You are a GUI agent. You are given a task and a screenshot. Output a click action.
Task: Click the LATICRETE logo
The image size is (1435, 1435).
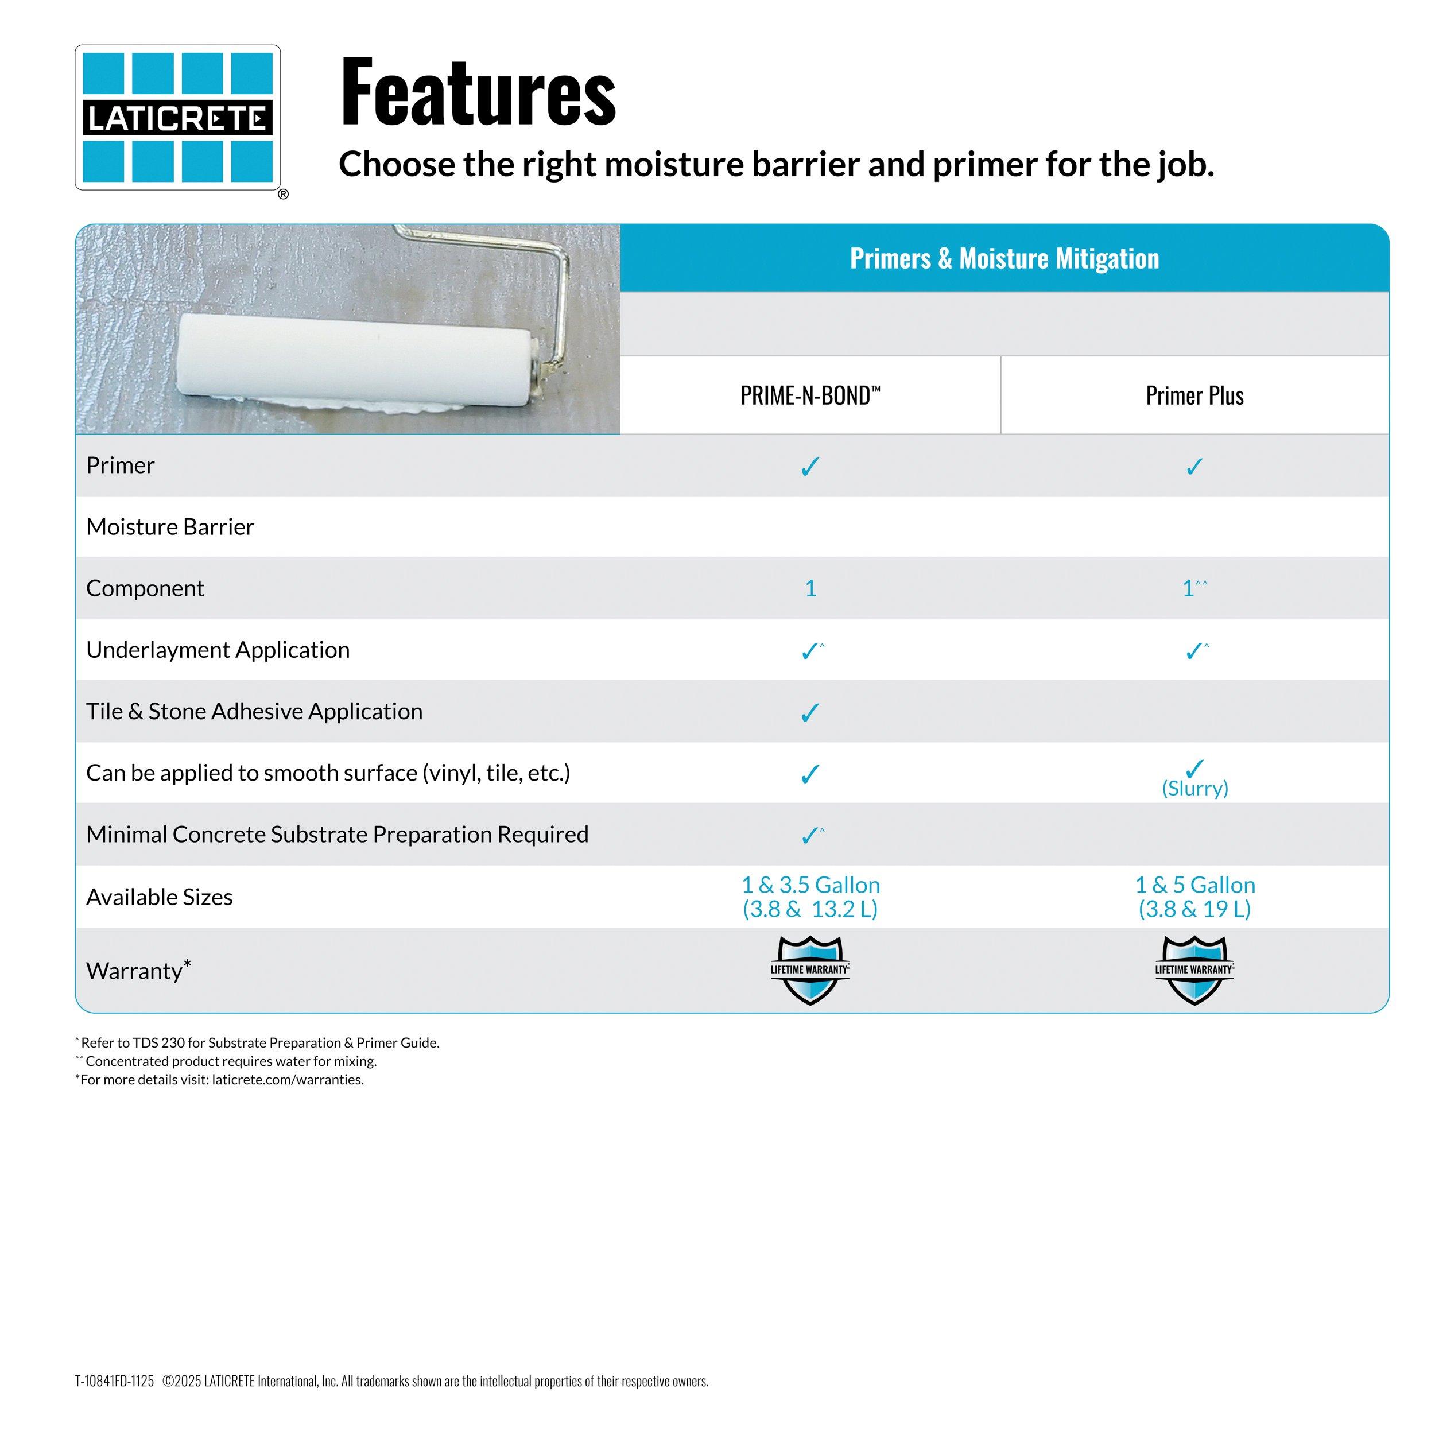click(177, 117)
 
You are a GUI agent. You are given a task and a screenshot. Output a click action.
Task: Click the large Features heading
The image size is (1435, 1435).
click(478, 92)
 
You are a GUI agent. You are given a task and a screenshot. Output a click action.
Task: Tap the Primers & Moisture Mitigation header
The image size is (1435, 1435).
click(1004, 258)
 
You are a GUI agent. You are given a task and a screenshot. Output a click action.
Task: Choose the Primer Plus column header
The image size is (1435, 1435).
click(1194, 395)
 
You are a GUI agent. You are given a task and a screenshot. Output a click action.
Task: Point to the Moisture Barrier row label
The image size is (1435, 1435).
click(170, 526)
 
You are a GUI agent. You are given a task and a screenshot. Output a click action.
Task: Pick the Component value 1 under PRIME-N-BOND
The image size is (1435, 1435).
click(810, 588)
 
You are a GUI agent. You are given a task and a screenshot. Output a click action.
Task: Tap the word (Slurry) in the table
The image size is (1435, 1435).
click(1194, 788)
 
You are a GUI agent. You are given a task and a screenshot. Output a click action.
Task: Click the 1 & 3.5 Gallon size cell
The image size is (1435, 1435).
click(810, 897)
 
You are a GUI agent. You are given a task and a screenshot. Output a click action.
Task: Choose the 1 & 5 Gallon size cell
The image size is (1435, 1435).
click(1194, 897)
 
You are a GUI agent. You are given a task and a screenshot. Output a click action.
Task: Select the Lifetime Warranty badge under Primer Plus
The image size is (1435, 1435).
click(1194, 969)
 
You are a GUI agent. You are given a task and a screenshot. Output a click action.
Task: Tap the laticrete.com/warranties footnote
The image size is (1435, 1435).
click(220, 1080)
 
